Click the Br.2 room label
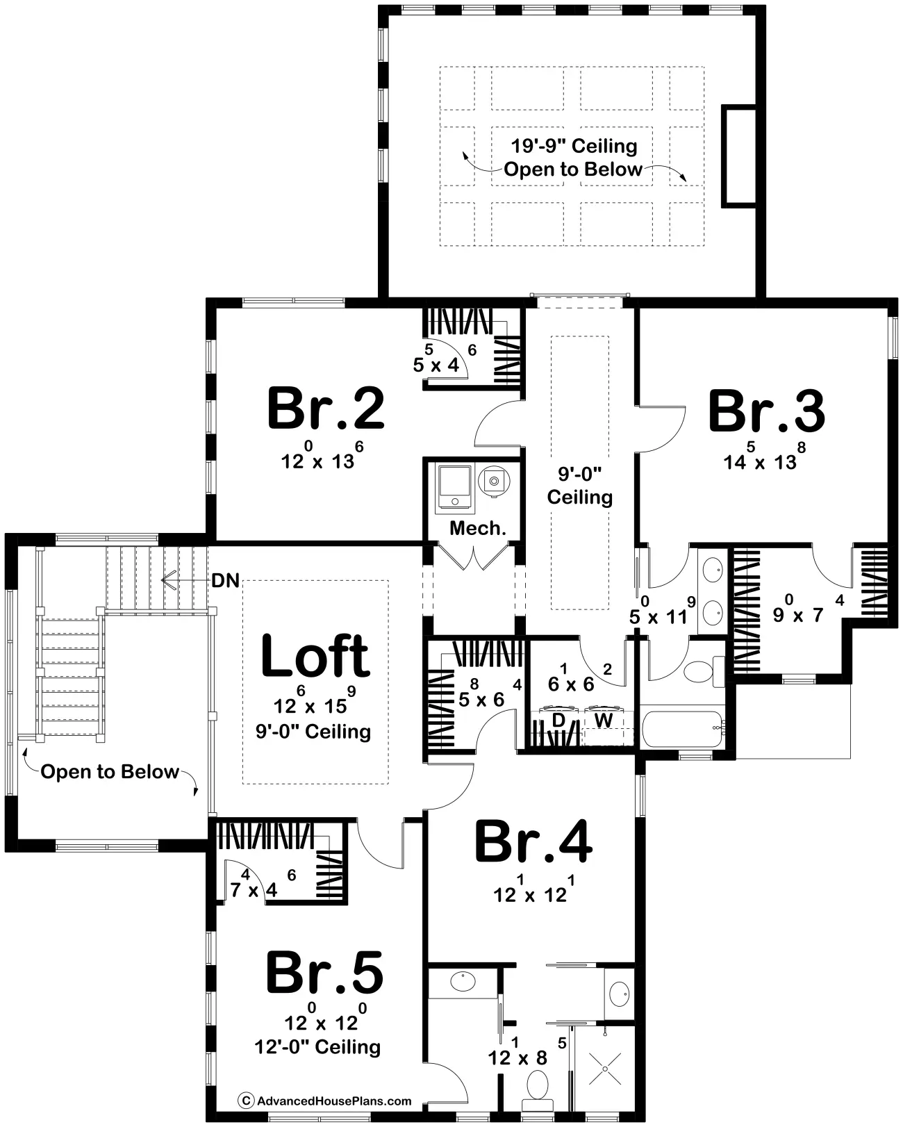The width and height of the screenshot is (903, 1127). point(326,409)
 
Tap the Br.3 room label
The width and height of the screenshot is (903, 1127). point(767,411)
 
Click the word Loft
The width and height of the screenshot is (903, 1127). point(315,656)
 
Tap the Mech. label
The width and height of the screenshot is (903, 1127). point(478,529)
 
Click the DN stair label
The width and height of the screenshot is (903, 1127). point(226,581)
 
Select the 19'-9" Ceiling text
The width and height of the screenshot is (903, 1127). point(574,146)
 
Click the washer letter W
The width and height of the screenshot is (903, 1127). point(603,721)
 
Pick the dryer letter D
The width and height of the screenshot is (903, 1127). point(558,721)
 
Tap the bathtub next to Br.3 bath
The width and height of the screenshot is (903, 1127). point(683,728)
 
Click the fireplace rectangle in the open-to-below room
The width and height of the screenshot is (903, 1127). point(738,156)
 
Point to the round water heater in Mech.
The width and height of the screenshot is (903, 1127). point(494,481)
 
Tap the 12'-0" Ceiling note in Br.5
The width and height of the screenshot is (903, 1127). point(317,1046)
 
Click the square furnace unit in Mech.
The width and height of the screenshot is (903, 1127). point(455,486)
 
